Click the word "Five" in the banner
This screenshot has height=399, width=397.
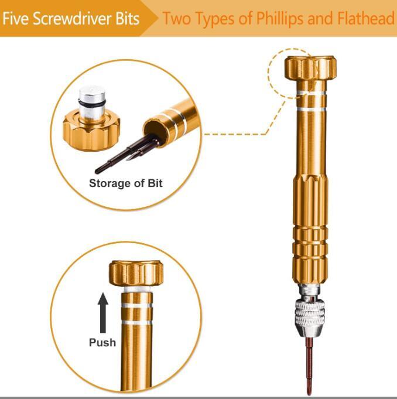click(x=15, y=18)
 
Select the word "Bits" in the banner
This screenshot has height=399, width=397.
click(x=128, y=18)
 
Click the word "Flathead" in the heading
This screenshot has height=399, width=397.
click(x=366, y=18)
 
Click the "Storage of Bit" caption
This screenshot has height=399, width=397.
click(x=126, y=183)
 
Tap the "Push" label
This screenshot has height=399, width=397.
click(x=102, y=343)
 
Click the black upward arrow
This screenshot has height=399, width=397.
click(x=102, y=313)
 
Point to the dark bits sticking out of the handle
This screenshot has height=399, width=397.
click(x=127, y=154)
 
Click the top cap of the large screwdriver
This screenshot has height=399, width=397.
click(x=310, y=67)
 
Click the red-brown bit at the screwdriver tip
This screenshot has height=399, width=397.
click(x=309, y=366)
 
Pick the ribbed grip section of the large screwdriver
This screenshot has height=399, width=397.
click(x=310, y=229)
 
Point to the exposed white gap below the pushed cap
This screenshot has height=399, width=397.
click(x=137, y=289)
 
